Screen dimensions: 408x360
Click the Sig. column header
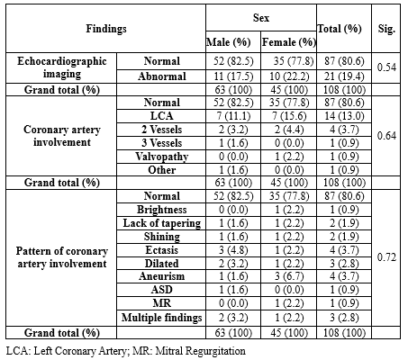coord(386,29)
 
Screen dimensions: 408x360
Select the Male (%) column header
coord(228,42)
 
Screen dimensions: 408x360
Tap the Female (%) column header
coord(289,42)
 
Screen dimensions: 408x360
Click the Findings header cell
coord(106,29)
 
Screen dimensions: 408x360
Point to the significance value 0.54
coord(386,67)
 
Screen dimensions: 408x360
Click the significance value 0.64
coord(386,136)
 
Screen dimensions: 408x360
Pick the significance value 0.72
coord(386,257)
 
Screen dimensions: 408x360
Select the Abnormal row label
coord(162,76)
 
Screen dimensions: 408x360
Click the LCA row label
coord(162,116)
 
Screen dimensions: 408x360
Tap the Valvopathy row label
coord(162,157)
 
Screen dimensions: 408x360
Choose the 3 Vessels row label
coord(162,143)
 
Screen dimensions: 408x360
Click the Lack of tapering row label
coord(162,223)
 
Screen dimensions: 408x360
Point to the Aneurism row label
coord(162,276)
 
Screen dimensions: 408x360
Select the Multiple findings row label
coord(162,318)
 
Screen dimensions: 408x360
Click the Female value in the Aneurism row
coord(289,276)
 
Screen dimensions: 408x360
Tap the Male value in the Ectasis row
coord(233,250)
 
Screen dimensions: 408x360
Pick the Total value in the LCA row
coord(344,116)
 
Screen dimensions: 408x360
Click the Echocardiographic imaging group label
coord(62,67)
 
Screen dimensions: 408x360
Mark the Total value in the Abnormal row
coord(344,76)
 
